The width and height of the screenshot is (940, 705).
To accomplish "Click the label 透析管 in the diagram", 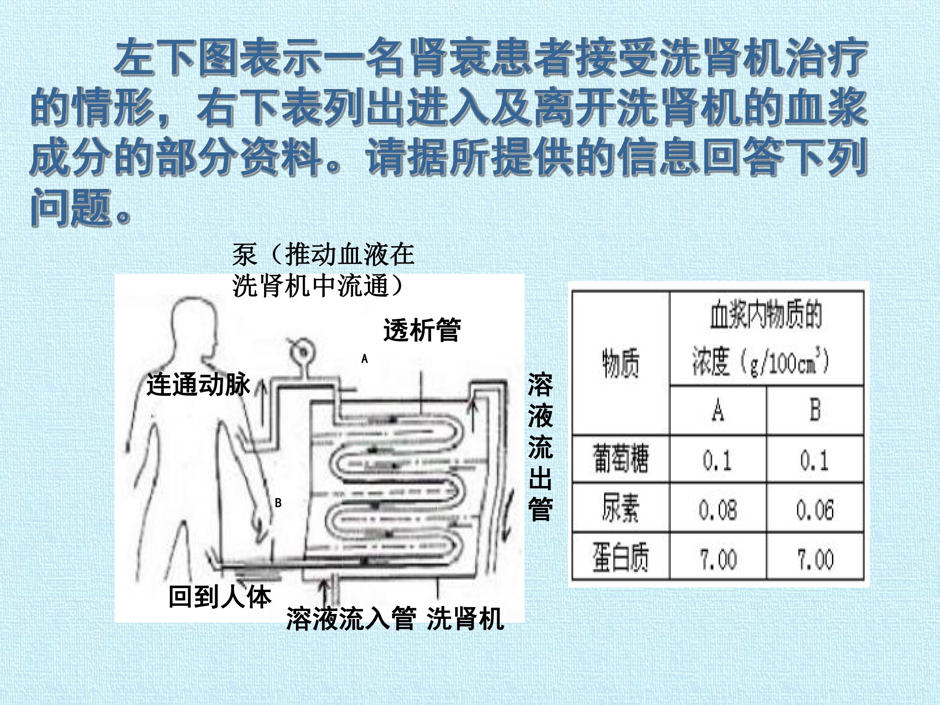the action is click(422, 330).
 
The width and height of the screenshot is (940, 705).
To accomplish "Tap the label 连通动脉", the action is click(198, 385).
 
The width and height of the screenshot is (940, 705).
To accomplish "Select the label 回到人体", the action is click(220, 597).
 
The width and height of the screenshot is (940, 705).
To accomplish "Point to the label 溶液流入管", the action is click(351, 618).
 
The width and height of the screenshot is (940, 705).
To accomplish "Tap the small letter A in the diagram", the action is click(364, 359).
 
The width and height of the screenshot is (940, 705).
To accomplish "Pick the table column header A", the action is click(718, 410).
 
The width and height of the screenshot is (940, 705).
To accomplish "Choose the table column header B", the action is click(815, 410).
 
